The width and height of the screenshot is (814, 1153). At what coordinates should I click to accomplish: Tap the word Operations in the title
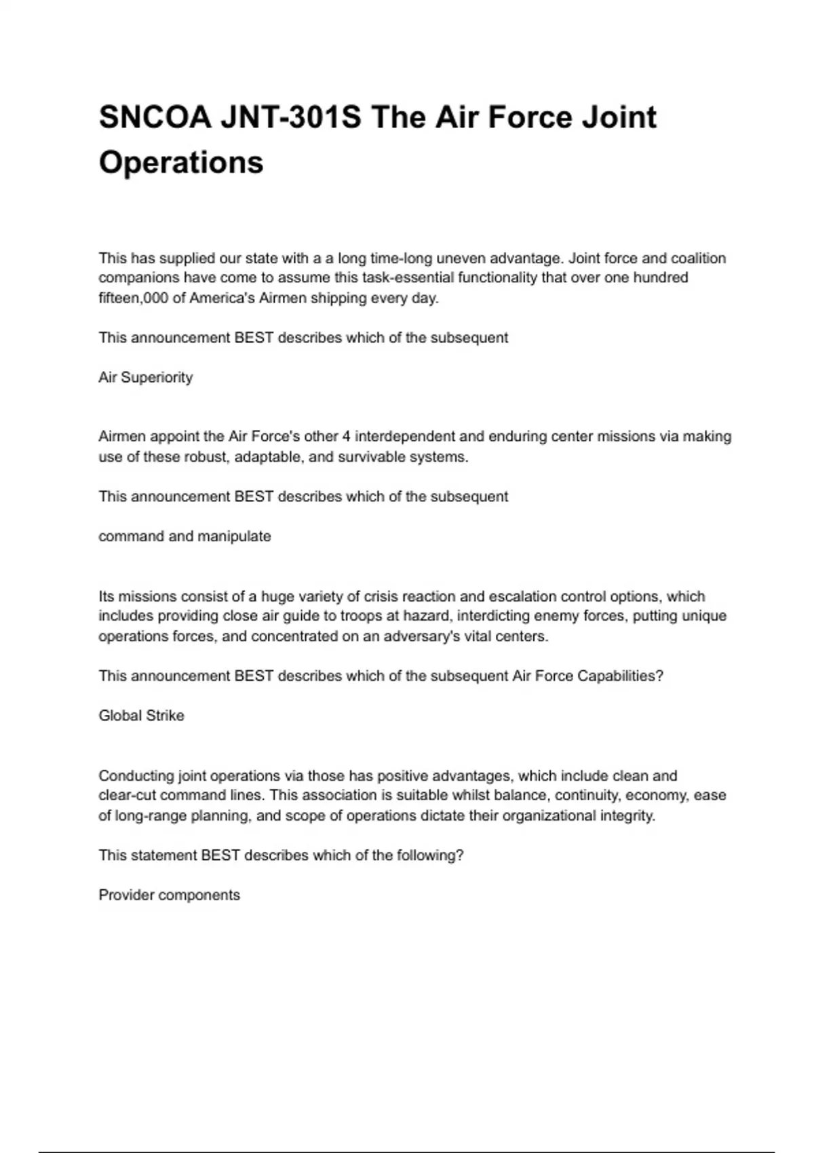point(181,163)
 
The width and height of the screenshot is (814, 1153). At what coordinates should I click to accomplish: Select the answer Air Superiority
point(146,378)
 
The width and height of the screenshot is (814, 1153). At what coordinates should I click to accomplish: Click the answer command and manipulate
point(185,536)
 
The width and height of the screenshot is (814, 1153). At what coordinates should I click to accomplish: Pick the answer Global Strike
point(141,716)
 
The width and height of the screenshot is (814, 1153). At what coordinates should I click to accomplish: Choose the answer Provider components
point(169,895)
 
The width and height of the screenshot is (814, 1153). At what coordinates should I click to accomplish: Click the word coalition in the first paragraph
point(698,258)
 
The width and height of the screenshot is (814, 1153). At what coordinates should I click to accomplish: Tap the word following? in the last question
point(431,856)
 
